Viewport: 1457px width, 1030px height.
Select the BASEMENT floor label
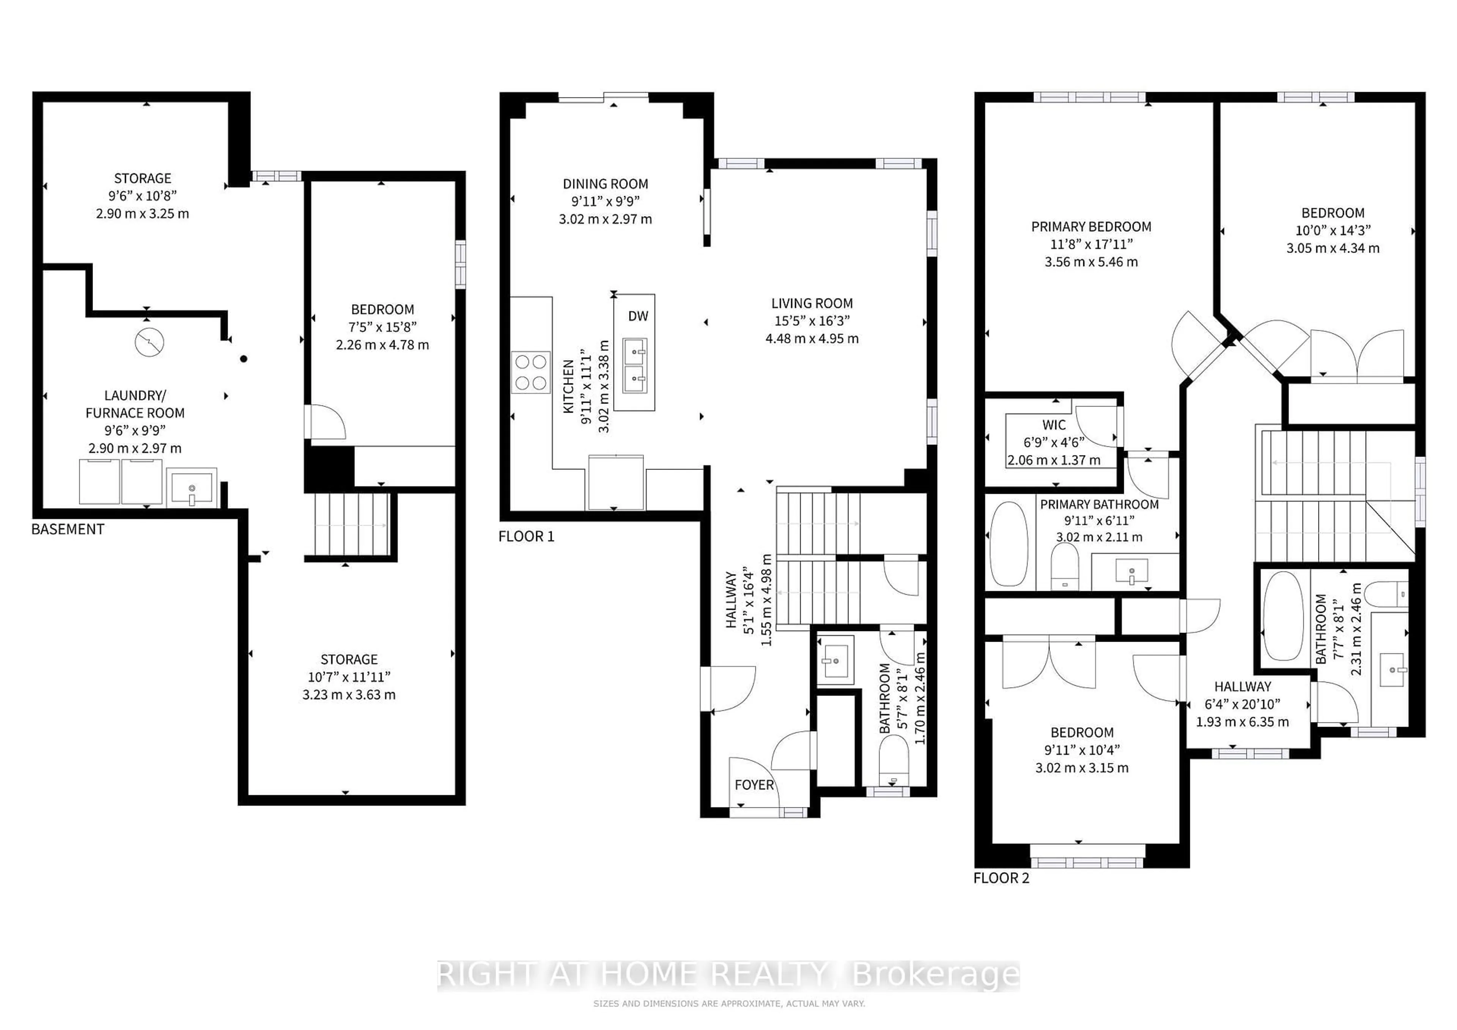68,529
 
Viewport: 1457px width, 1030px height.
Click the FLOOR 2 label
1001,878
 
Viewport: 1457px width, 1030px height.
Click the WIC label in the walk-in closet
1054,425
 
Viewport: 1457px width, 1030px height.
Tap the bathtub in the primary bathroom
1009,543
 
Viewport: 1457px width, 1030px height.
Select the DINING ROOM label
606,184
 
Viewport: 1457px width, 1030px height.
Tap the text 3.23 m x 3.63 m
349,694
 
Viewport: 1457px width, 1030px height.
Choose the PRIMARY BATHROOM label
1099,504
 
